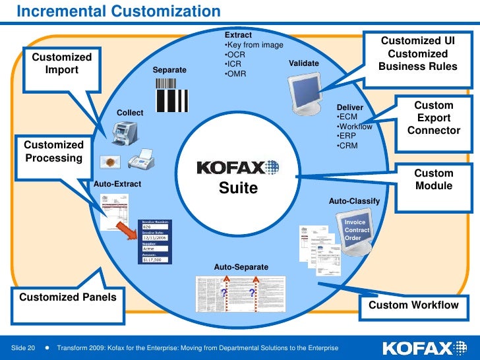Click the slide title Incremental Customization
pos(118,12)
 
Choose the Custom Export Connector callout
pos(434,118)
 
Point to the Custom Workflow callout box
pos(413,305)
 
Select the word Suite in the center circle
pos(239,189)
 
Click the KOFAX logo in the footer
pos(427,347)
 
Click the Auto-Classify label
pos(354,200)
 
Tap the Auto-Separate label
pos(241,267)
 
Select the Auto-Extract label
pos(117,184)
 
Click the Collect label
pos(130,113)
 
